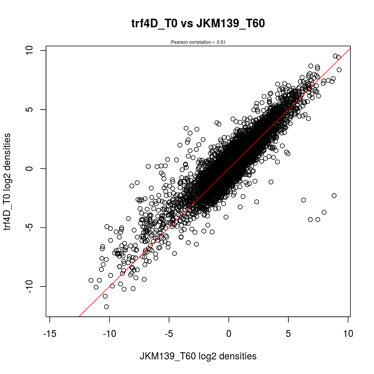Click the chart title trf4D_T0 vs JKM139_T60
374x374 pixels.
(x=198, y=24)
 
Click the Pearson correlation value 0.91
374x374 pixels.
(x=221, y=42)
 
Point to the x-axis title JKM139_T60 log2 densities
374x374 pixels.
(x=198, y=356)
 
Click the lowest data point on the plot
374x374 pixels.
(x=106, y=307)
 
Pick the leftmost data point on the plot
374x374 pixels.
(x=91, y=280)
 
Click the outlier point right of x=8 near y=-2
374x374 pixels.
(x=334, y=196)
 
